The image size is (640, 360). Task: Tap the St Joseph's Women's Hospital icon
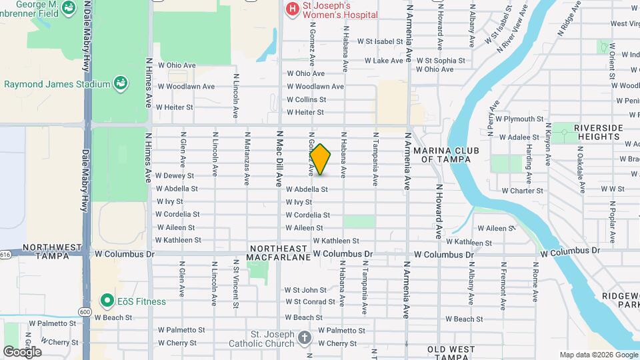[x=291, y=9]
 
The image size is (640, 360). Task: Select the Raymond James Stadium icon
[x=121, y=83]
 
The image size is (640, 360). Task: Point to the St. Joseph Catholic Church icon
[x=305, y=337]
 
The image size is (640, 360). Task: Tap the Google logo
[x=22, y=351]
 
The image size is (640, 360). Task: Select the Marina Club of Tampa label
[x=446, y=155]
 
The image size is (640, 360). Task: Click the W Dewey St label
[x=174, y=176]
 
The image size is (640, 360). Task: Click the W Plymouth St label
[x=519, y=119]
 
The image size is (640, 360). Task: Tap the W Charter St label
[x=522, y=191]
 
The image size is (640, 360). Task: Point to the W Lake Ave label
[x=383, y=61]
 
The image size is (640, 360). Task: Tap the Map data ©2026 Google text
[x=599, y=355]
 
